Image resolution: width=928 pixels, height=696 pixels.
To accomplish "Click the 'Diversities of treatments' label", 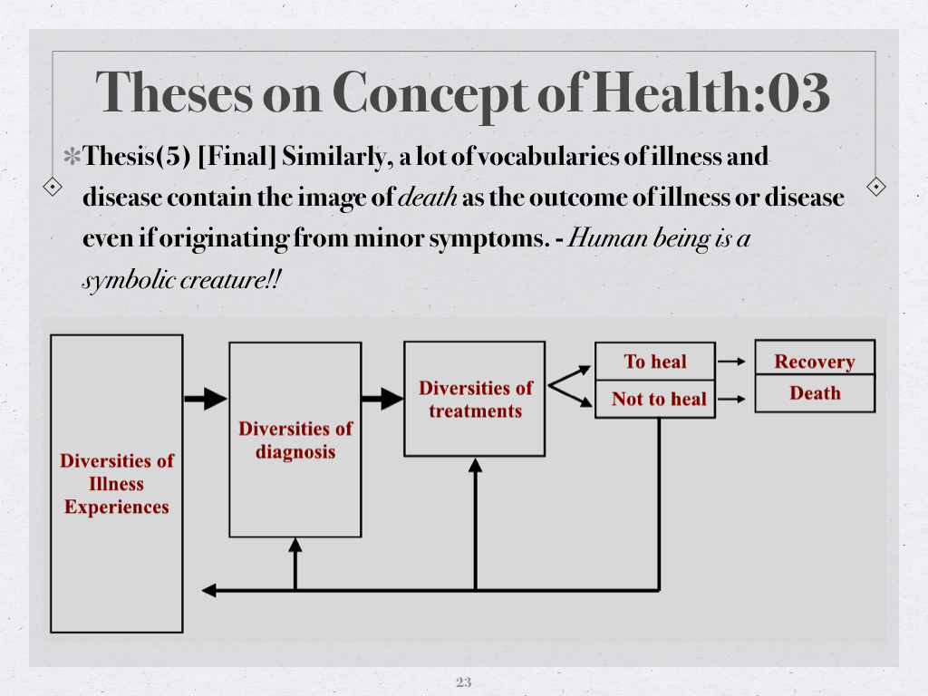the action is tap(475, 400).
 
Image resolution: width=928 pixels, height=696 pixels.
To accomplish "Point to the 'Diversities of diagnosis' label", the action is tap(295, 440).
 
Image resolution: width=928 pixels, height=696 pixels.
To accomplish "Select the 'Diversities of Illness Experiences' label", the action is tap(117, 484).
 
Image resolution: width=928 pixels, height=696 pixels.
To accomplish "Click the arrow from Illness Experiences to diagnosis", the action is tap(206, 399).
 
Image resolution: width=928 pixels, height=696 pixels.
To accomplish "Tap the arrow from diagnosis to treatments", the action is tap(382, 399).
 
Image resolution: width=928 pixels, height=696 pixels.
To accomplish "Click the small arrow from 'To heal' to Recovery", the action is tap(731, 361).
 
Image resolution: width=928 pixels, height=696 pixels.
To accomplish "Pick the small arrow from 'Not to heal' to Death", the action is tap(731, 399).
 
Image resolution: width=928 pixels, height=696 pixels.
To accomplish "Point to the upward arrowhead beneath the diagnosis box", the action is tap(295, 545).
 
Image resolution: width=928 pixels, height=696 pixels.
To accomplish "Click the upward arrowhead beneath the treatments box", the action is tap(475, 465).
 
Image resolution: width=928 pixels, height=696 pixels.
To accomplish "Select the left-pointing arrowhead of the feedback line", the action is tap(209, 590).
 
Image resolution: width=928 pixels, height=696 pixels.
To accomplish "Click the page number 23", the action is tap(463, 681).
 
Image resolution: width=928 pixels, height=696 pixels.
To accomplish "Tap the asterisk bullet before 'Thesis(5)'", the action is tap(72, 157).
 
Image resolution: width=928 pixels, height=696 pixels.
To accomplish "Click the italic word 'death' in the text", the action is tap(428, 197).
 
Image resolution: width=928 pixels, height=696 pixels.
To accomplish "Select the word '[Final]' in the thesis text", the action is tap(237, 156).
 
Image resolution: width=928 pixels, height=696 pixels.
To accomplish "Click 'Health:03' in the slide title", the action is tap(710, 93).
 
